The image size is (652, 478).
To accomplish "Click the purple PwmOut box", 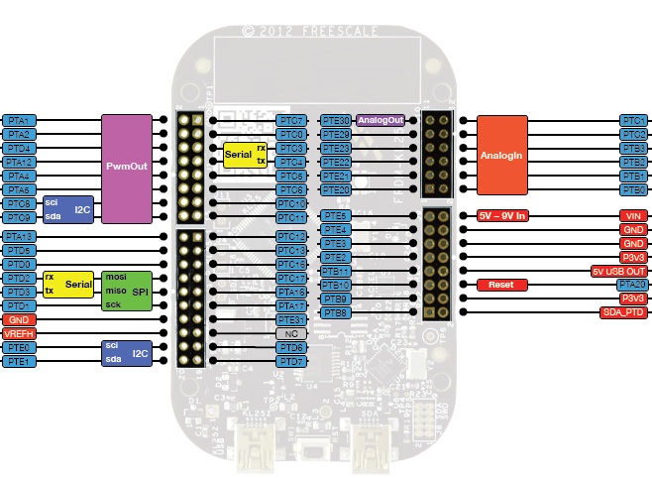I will click(x=126, y=168).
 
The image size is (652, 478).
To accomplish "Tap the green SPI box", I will click(x=127, y=290).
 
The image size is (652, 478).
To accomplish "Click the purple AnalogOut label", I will click(x=381, y=120).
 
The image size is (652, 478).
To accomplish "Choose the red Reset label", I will click(x=502, y=285).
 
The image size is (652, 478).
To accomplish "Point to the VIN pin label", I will click(x=633, y=215).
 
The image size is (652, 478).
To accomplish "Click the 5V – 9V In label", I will click(x=503, y=215).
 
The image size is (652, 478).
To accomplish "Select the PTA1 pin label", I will click(x=19, y=120).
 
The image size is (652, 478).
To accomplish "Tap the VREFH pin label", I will click(x=19, y=334).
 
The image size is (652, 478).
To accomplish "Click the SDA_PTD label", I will click(x=623, y=312).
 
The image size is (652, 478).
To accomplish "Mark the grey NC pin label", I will click(x=290, y=334).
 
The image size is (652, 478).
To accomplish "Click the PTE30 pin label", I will click(x=336, y=120).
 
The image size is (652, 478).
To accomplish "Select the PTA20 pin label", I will click(x=633, y=285).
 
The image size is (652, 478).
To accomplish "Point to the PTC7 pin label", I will click(x=290, y=120).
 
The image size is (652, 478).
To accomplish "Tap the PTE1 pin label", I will click(x=19, y=362).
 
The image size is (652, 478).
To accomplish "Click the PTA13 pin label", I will click(x=19, y=237).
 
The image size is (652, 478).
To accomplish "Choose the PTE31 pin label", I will click(x=290, y=320).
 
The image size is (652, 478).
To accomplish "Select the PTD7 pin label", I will click(x=290, y=362).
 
